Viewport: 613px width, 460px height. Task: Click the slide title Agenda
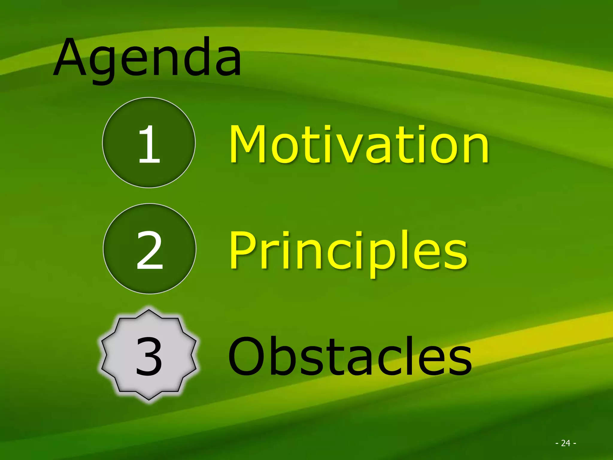(147, 58)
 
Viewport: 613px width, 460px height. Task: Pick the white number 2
(150, 250)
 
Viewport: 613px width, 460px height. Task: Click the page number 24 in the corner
(565, 443)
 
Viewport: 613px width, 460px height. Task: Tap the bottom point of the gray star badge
(149, 400)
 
